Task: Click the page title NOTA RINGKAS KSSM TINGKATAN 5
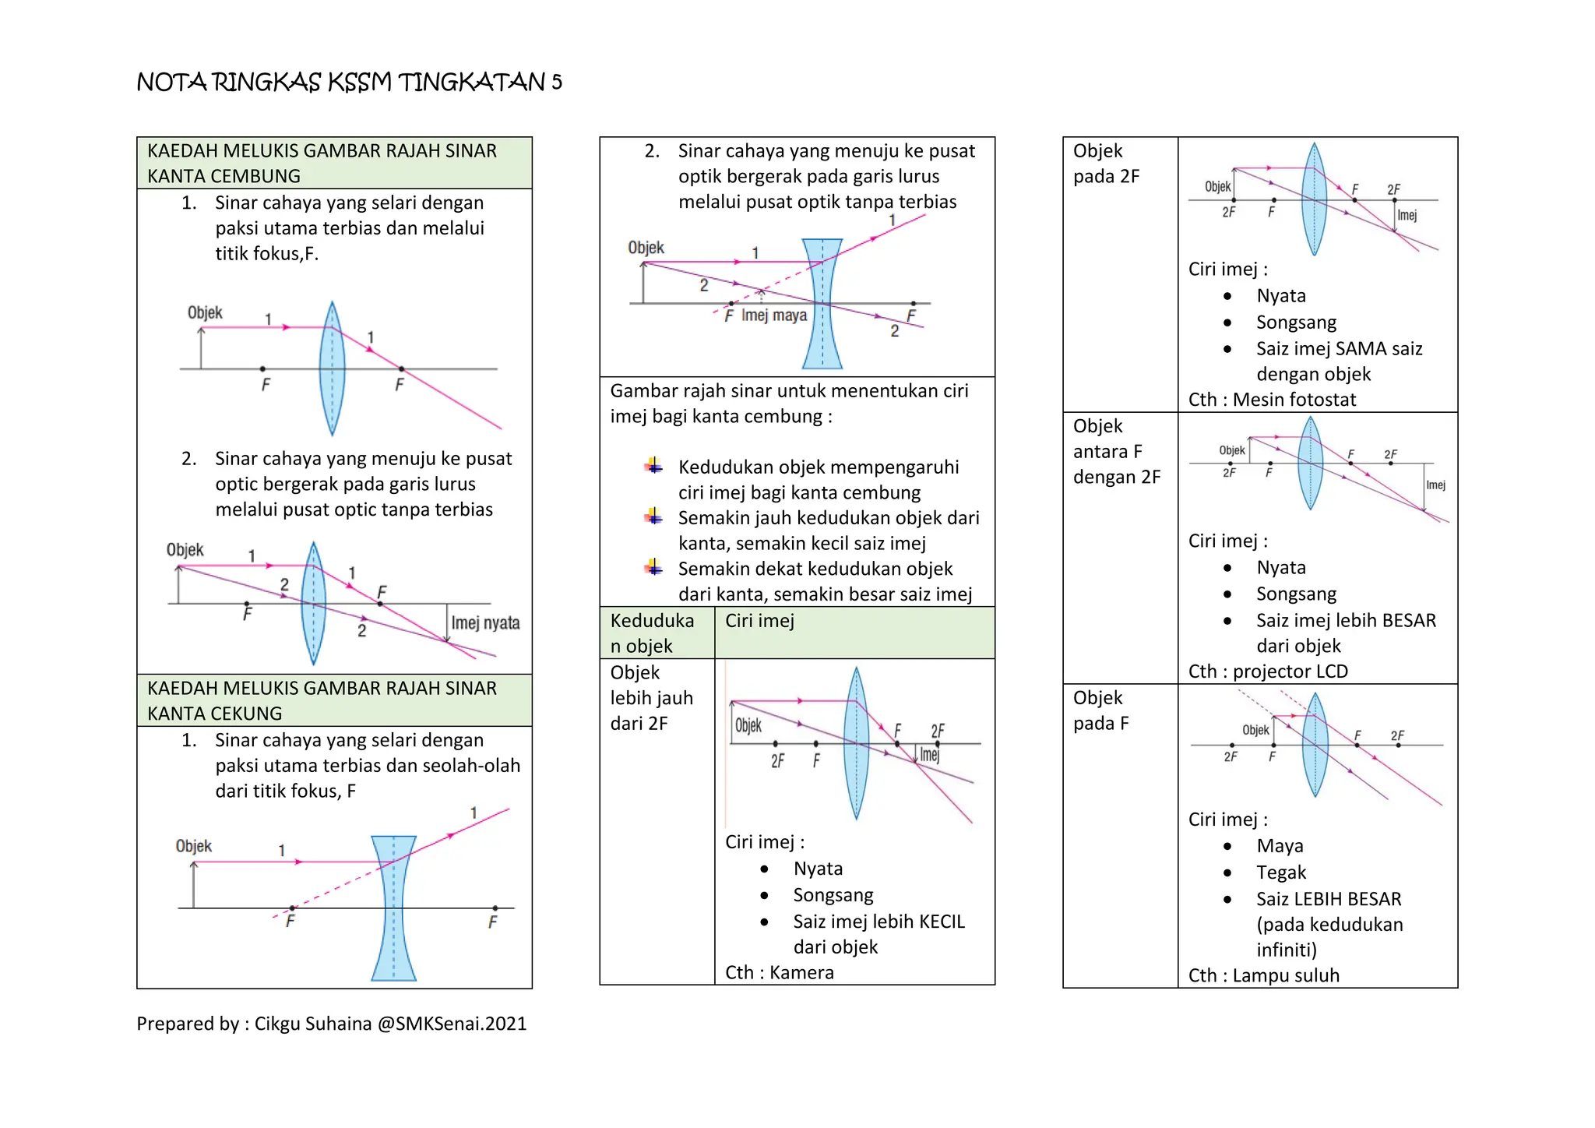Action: (x=349, y=82)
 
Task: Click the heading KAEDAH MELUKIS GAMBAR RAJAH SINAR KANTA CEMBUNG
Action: (x=322, y=163)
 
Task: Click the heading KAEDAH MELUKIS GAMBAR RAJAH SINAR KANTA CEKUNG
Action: (x=322, y=700)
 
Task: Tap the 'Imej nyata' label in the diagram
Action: (x=485, y=622)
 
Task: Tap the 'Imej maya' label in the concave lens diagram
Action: (x=774, y=315)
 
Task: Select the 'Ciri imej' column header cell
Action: (x=759, y=621)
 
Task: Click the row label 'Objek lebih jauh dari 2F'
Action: (x=651, y=698)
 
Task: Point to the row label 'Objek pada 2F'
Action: (x=1106, y=164)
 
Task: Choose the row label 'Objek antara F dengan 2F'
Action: (x=1116, y=452)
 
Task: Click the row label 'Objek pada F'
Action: (x=1100, y=710)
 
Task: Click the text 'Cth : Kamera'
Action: (x=779, y=972)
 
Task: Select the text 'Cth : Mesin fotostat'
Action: (x=1272, y=400)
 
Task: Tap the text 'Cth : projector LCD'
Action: (x=1268, y=672)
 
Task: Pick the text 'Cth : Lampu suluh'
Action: (x=1263, y=975)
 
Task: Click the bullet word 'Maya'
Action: (x=1280, y=846)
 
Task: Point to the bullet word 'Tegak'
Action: (x=1281, y=872)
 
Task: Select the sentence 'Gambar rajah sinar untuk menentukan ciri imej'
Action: (x=789, y=404)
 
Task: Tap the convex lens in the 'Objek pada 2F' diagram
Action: (x=1314, y=199)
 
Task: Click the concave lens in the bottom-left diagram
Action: (x=393, y=908)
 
